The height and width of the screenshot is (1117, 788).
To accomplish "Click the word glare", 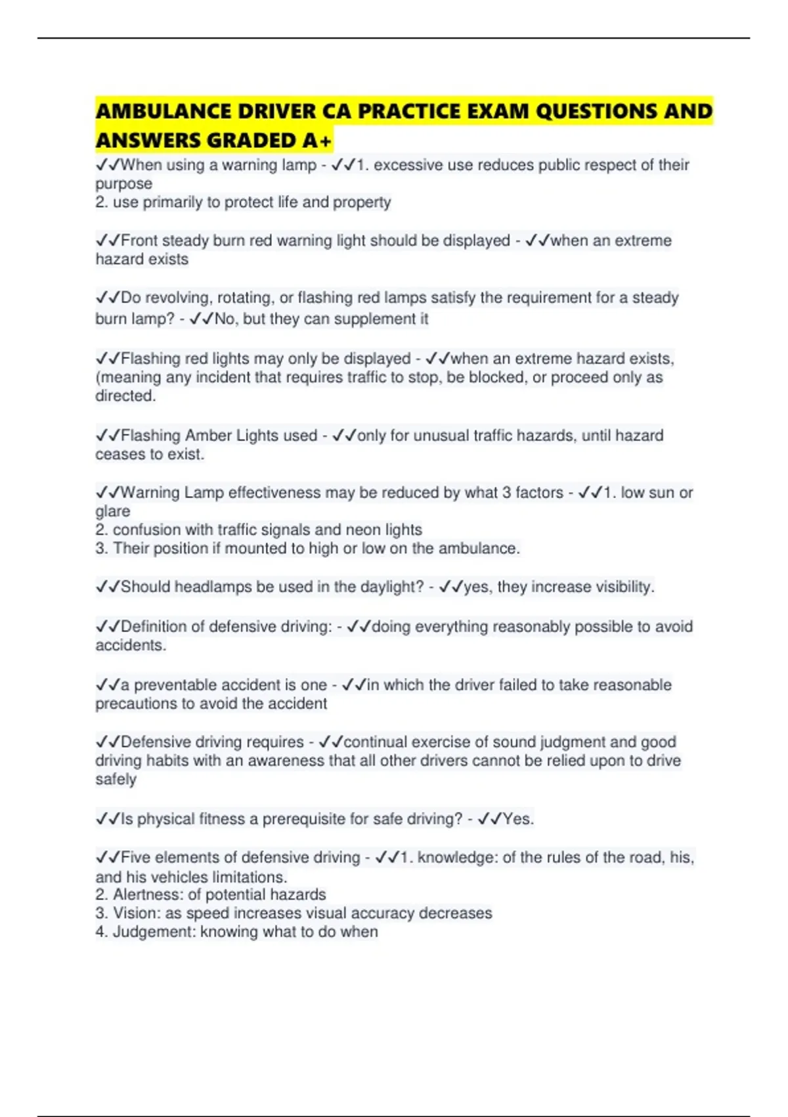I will [x=113, y=511].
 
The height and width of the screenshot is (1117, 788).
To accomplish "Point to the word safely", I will [x=116, y=779].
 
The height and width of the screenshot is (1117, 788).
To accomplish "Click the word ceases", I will [x=118, y=455].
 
